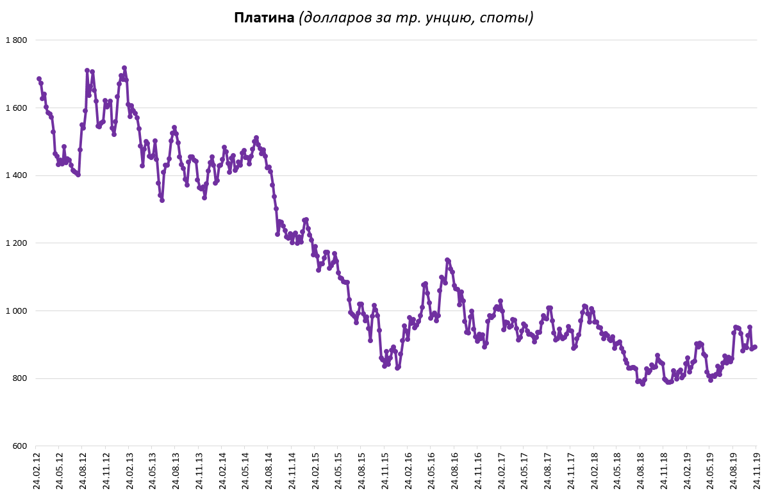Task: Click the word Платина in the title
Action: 263,18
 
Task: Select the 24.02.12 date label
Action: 36,472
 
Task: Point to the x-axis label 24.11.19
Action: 756,472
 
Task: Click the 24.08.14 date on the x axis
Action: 268,472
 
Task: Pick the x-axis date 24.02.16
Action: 408,472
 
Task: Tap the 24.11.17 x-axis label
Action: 570,472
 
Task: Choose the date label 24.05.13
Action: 152,472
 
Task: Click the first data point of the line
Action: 39,79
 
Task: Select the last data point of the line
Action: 755,347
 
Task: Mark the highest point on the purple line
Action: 124,68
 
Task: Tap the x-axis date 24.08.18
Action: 640,472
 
